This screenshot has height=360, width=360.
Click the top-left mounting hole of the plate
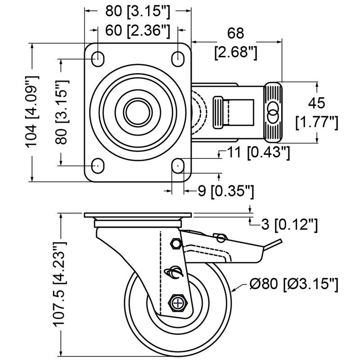tap(97, 58)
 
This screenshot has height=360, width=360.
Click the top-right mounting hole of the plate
tap(178, 58)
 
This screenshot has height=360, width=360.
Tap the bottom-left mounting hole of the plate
tap(97, 166)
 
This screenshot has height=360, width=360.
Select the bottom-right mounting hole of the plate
tap(178, 166)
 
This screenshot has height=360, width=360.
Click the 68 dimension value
tap(236, 33)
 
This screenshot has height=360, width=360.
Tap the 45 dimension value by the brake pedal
tap(316, 103)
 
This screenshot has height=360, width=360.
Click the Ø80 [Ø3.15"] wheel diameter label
tap(293, 283)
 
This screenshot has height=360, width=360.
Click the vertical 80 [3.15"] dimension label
tap(62, 112)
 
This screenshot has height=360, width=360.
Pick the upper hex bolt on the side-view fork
tap(175, 244)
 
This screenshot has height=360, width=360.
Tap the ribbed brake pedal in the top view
tap(273, 112)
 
